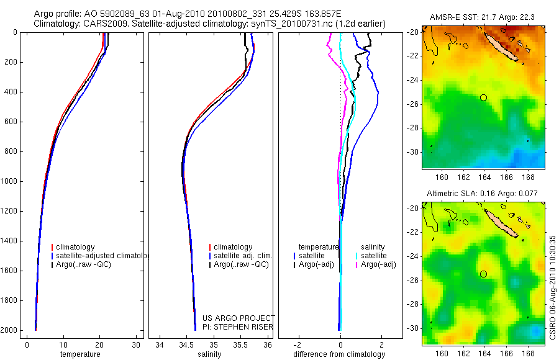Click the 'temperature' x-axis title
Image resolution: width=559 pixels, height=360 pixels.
80,354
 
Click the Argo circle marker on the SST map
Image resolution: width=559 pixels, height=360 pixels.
483,97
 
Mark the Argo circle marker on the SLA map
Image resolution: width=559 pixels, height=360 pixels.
483,274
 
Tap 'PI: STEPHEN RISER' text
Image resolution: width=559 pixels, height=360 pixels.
238,327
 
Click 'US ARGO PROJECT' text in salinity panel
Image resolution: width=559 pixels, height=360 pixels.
238,318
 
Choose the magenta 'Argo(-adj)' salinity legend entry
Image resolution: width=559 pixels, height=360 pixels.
378,264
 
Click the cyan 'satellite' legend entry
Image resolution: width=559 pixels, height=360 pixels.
374,256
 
